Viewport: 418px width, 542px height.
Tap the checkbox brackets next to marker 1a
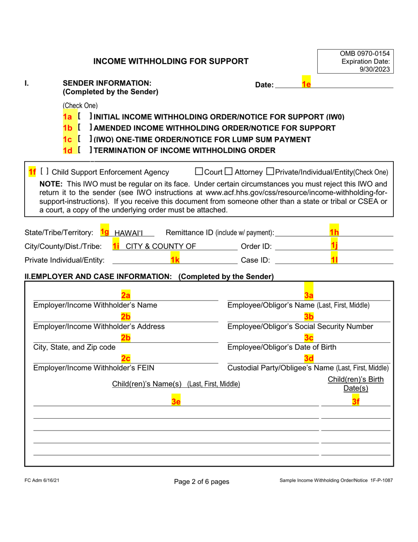click(84, 117)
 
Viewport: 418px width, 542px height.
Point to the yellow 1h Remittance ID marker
click(334, 232)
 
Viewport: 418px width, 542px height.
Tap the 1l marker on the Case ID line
click(334, 260)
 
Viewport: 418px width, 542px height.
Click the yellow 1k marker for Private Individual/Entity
click(175, 260)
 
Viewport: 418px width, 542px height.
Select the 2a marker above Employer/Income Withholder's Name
click(125, 296)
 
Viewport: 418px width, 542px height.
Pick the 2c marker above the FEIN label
click(125, 359)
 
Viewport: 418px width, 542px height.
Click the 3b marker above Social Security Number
click(308, 317)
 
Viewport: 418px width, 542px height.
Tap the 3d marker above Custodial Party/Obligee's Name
click(308, 359)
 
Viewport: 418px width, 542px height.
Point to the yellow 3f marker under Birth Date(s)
click(356, 401)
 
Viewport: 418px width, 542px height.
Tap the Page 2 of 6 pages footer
click(202, 482)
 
